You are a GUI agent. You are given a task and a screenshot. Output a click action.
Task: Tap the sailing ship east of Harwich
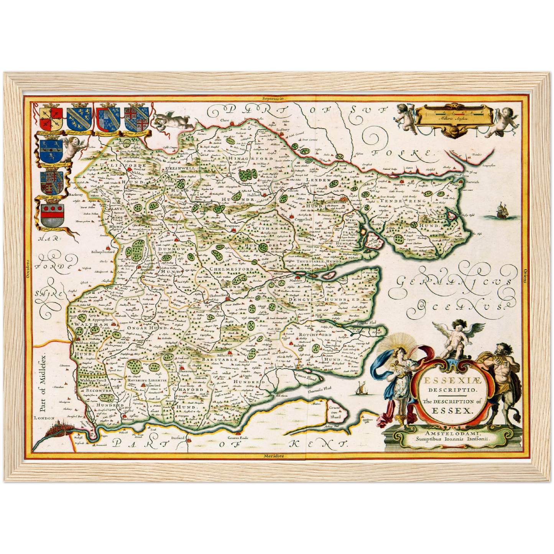[503, 211]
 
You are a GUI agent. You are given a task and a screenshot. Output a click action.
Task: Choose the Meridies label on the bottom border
[274, 456]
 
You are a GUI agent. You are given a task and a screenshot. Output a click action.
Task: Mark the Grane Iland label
[335, 412]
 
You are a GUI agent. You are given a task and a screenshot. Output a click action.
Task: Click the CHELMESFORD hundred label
[231, 269]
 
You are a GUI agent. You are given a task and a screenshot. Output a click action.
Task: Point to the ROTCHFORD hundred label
[315, 334]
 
